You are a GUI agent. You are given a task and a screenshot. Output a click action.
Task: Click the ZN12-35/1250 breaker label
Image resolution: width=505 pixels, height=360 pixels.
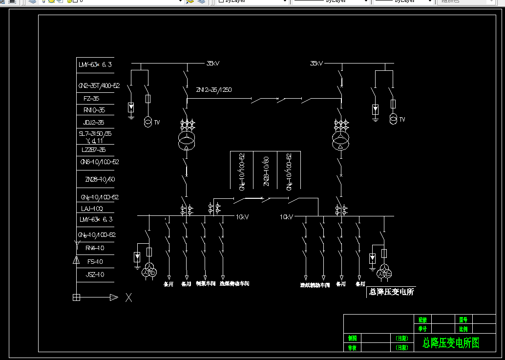pyautogui.click(x=213, y=90)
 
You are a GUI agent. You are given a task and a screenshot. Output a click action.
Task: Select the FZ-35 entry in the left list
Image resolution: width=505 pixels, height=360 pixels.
pyautogui.click(x=91, y=98)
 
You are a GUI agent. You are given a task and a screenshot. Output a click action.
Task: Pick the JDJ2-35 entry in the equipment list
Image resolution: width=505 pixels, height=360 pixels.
pyautogui.click(x=94, y=123)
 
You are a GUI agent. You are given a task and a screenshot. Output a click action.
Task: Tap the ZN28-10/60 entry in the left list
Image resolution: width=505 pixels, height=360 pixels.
pyautogui.click(x=100, y=180)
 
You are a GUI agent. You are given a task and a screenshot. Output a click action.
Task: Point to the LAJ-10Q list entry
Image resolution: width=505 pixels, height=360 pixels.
pyautogui.click(x=91, y=209)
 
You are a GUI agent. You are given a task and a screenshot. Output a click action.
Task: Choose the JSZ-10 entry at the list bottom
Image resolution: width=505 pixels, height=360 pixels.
pyautogui.click(x=95, y=275)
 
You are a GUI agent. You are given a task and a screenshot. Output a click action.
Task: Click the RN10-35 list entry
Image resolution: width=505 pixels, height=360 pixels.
pyautogui.click(x=94, y=110)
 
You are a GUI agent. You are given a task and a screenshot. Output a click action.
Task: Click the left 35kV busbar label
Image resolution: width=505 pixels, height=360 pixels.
pyautogui.click(x=213, y=64)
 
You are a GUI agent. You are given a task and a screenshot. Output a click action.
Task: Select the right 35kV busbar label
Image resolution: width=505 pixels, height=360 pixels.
pyautogui.click(x=316, y=64)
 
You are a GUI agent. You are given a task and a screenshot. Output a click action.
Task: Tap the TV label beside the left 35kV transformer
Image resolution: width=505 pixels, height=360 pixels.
pyautogui.click(x=157, y=123)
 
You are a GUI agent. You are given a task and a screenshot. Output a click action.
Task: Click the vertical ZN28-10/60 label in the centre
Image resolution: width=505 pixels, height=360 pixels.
pyautogui.click(x=266, y=171)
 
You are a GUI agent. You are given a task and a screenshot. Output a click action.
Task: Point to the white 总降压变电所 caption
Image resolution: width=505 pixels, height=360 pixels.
pyautogui.click(x=392, y=292)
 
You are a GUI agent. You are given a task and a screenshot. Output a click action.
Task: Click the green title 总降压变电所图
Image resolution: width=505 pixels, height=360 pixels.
pyautogui.click(x=451, y=343)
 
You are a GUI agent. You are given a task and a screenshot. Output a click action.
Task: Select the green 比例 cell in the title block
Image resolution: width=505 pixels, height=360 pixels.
pyautogui.click(x=463, y=329)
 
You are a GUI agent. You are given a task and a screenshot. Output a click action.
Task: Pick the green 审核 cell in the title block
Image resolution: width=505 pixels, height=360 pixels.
pyautogui.click(x=352, y=348)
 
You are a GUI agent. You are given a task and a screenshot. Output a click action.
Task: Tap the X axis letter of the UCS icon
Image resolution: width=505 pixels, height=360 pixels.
pyautogui.click(x=128, y=297)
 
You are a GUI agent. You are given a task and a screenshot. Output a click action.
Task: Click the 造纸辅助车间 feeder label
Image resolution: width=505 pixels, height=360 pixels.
pyautogui.click(x=315, y=284)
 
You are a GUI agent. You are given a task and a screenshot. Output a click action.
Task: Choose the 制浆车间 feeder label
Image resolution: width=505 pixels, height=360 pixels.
pyautogui.click(x=206, y=283)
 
